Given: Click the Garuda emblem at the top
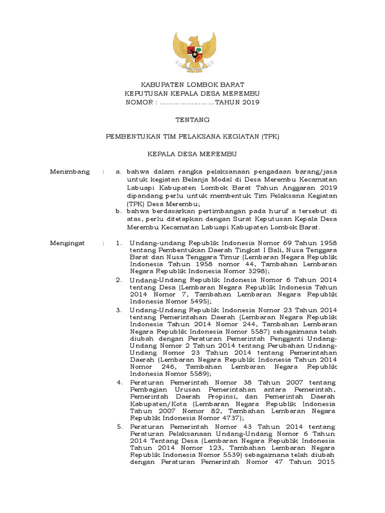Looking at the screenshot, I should (x=194, y=52).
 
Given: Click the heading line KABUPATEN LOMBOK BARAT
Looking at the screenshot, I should (x=192, y=85).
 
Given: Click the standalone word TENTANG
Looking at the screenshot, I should (x=192, y=120).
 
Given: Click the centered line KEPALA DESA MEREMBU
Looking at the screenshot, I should (x=192, y=154).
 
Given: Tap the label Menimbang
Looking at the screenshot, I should (x=70, y=171).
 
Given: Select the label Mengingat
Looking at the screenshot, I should (x=68, y=243).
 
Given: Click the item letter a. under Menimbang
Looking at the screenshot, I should (x=118, y=171).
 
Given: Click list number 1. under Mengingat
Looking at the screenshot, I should (x=119, y=243).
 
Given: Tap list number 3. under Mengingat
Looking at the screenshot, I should (x=119, y=310).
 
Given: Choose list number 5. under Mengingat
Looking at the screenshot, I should (x=119, y=426).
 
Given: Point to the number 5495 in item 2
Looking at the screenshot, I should (x=187, y=302).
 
